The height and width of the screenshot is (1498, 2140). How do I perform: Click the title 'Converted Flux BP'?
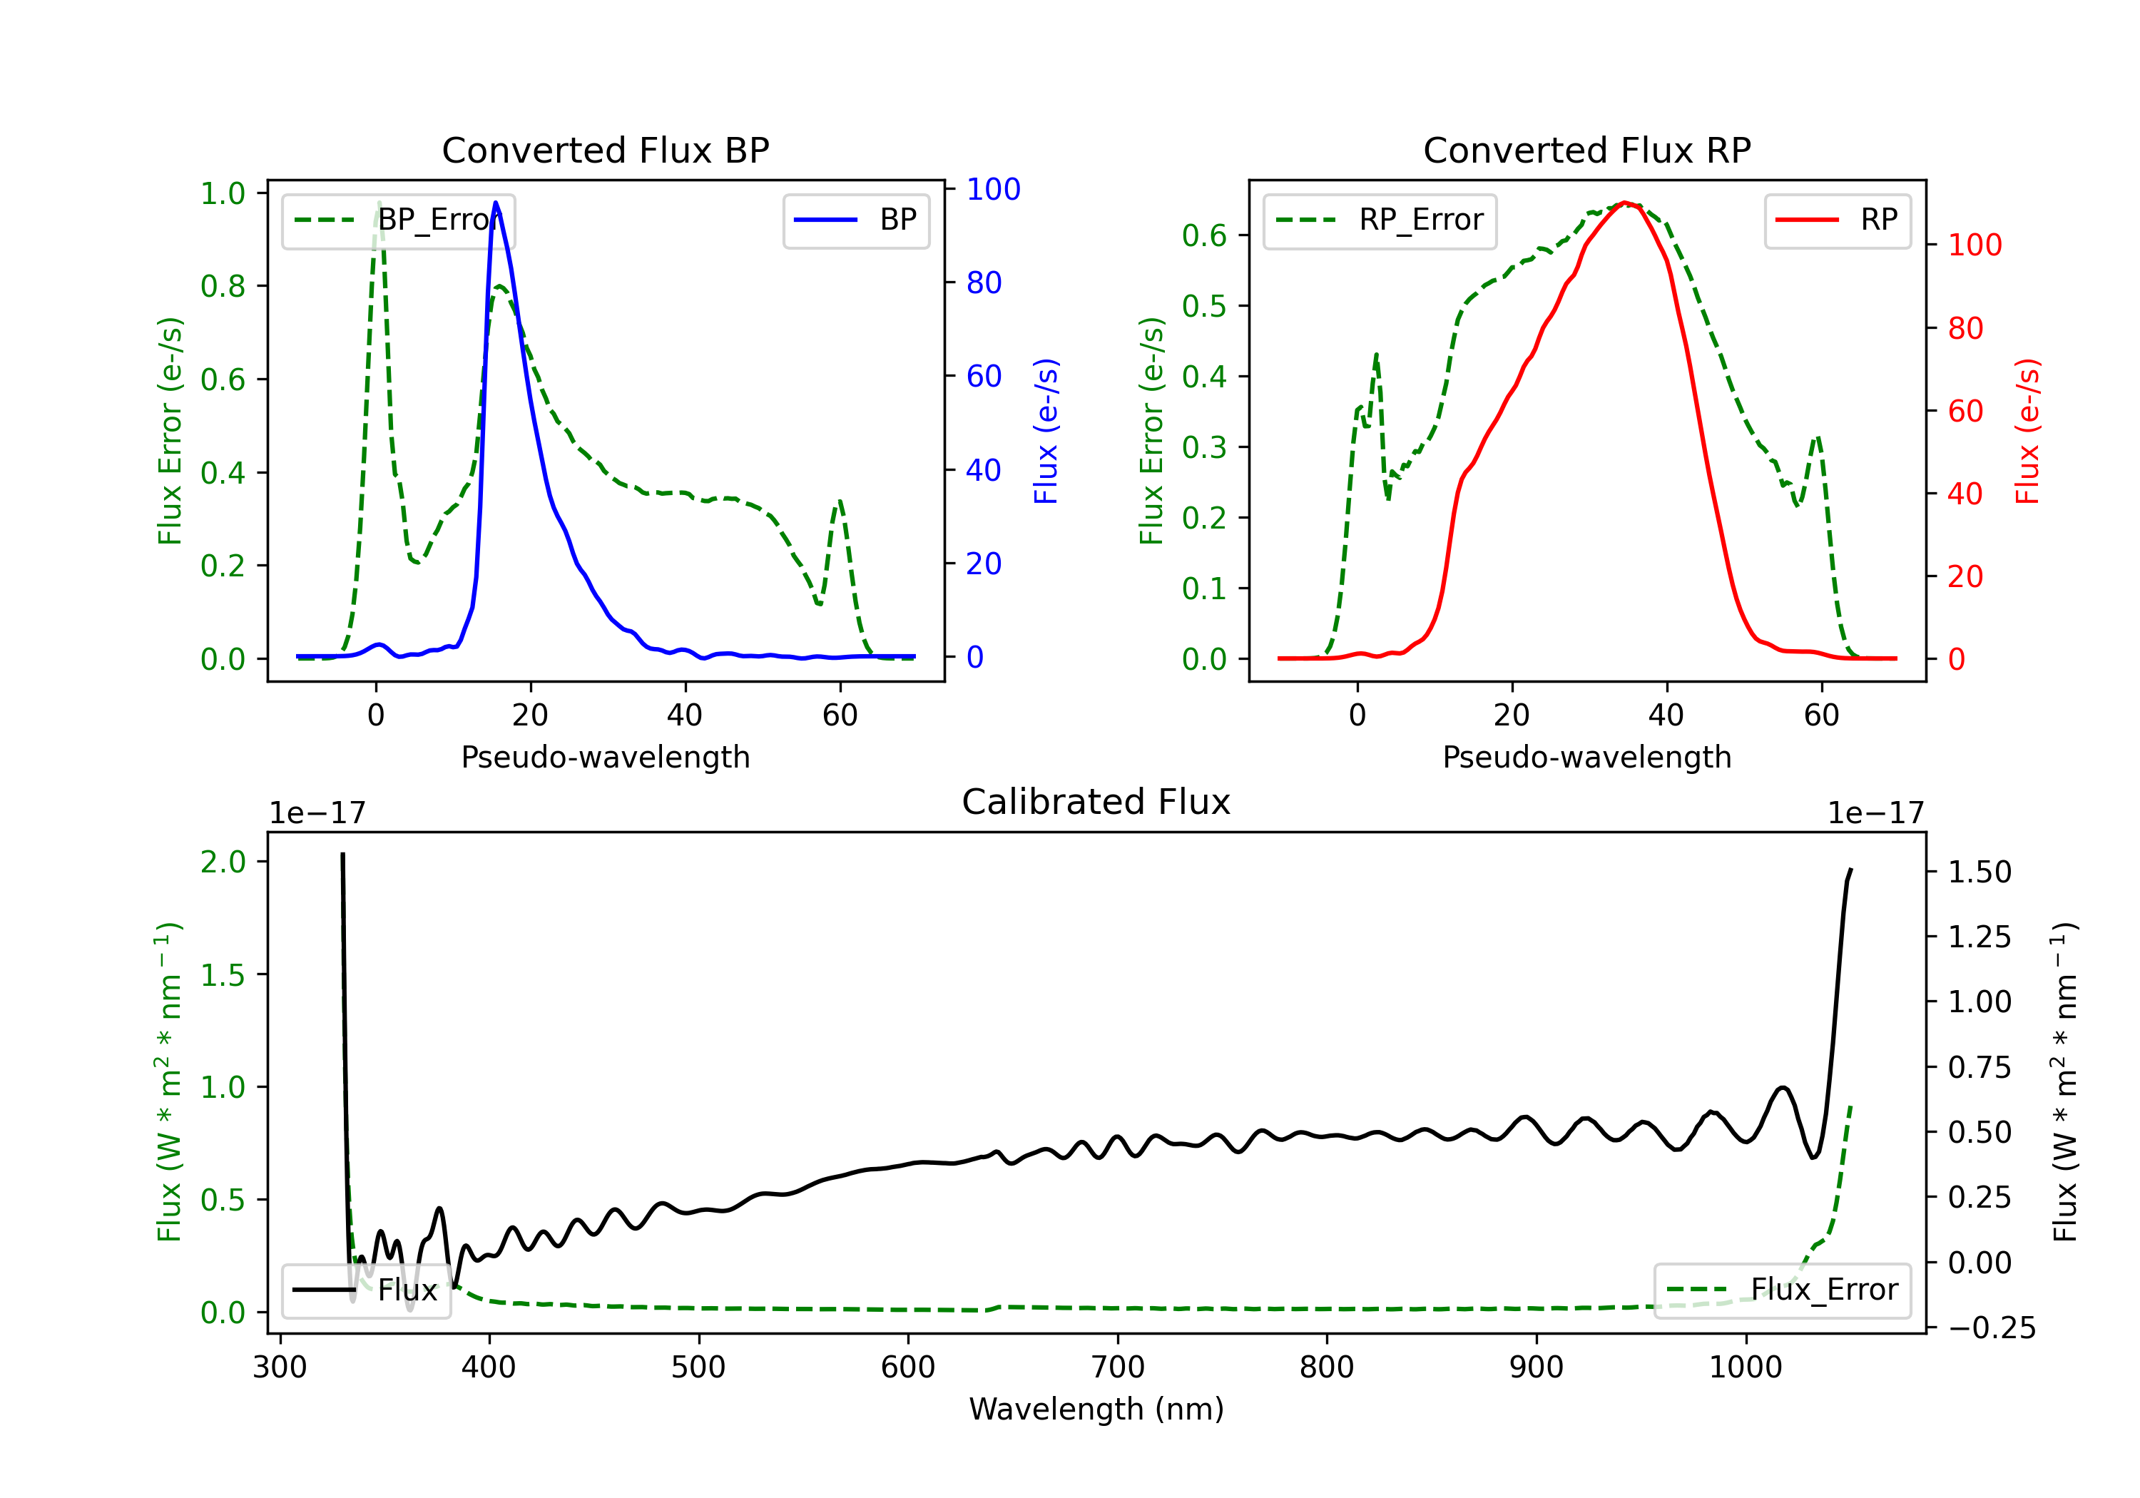(606, 150)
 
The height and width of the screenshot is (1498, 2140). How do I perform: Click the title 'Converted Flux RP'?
(1587, 150)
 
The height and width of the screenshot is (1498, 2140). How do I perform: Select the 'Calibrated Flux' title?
(1096, 802)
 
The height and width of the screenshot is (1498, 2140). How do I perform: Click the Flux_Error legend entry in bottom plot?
(1782, 1290)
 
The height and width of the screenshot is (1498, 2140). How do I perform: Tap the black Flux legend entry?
(367, 1290)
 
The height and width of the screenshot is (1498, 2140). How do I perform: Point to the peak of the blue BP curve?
(496, 203)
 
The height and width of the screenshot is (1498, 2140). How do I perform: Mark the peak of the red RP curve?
(1624, 203)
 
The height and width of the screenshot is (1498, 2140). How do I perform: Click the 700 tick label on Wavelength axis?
(1118, 1367)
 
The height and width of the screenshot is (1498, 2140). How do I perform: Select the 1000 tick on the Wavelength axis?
(1745, 1367)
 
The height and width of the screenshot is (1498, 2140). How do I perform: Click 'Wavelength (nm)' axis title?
(1096, 1410)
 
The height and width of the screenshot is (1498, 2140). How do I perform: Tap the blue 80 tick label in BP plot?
(984, 282)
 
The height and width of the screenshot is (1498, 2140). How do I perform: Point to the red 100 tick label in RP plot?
(1975, 245)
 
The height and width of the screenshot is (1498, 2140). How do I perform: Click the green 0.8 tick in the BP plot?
(223, 286)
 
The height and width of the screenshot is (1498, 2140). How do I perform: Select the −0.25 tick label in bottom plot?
(1992, 1328)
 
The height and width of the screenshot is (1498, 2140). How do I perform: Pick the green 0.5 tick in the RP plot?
(1204, 306)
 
